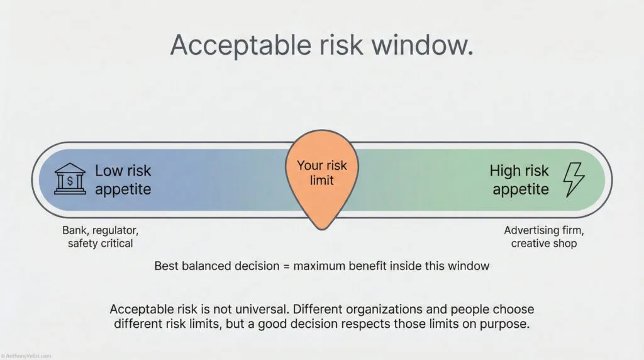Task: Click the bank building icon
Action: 70,179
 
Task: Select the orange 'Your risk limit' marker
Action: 321,173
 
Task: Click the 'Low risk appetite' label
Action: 123,179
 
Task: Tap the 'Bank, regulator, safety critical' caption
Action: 100,237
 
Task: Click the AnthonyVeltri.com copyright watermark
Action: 26,355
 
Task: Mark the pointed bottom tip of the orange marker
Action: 321,227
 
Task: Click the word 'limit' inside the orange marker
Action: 321,181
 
